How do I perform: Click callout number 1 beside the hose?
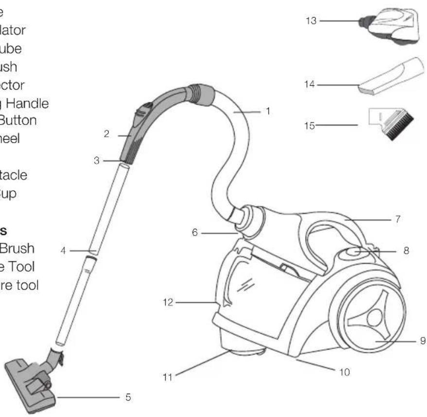267,111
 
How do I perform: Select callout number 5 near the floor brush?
128,397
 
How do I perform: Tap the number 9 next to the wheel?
422,341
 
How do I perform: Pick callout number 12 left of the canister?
167,302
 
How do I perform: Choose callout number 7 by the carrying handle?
398,219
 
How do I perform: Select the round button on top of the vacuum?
354,252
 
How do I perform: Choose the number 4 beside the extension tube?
63,251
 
